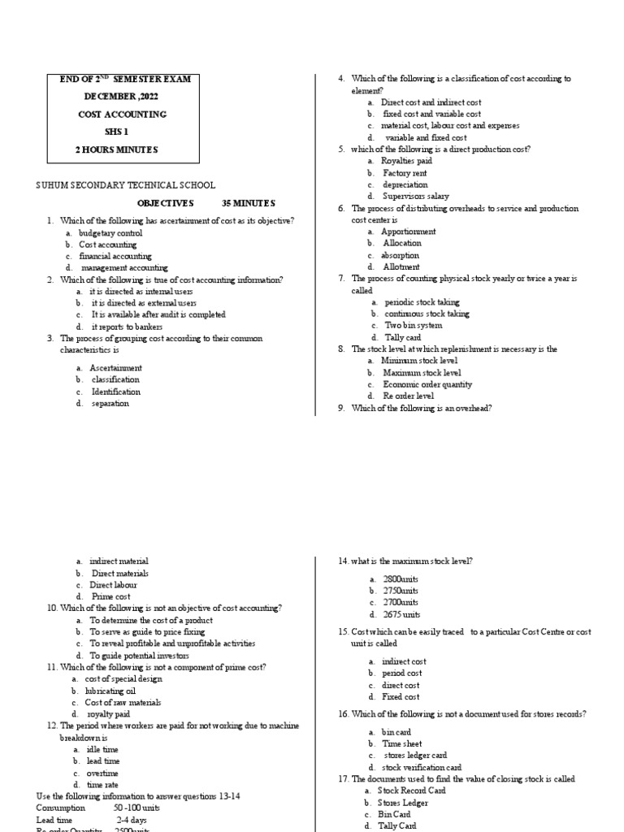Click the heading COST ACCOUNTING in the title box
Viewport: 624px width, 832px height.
122,115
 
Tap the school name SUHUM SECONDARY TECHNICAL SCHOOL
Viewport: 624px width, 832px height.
125,186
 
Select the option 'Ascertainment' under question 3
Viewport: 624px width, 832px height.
115,368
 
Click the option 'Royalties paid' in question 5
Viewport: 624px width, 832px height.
409,162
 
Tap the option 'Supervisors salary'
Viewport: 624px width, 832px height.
415,197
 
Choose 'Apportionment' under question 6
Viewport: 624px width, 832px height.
409,232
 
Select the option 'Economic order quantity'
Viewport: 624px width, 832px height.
427,384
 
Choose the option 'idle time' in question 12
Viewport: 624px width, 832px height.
102,749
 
